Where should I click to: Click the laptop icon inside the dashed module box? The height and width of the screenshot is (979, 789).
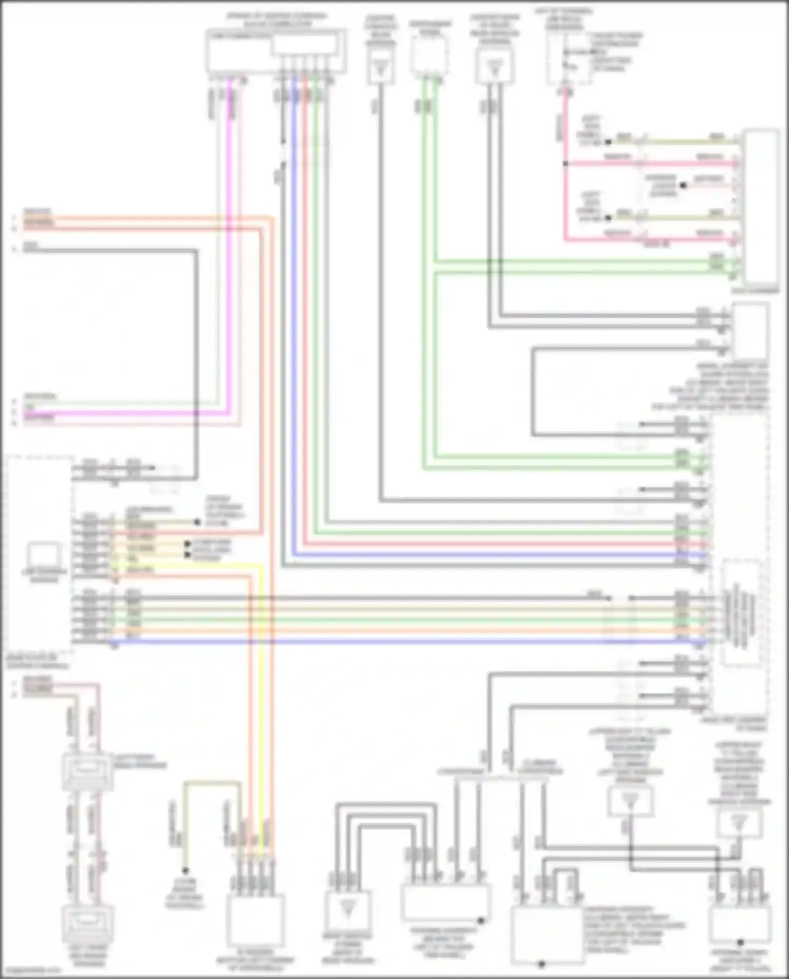click(x=44, y=556)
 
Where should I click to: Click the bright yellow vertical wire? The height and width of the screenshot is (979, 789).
click(x=261, y=684)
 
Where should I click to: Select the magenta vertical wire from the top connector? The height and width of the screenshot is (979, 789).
click(x=229, y=237)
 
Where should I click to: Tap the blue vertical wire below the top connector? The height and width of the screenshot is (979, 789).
click(x=294, y=316)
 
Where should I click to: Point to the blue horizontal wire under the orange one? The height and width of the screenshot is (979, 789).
click(x=368, y=642)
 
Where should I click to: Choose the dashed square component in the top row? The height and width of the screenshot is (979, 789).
click(x=429, y=56)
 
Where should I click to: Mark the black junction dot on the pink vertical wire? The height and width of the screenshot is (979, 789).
click(x=565, y=164)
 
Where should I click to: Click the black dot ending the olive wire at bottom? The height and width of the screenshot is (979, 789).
click(x=185, y=871)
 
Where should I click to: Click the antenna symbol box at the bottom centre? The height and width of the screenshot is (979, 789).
click(x=347, y=910)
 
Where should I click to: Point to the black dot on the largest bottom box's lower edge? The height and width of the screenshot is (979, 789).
click(x=542, y=964)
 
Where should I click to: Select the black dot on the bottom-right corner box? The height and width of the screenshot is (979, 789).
click(x=740, y=942)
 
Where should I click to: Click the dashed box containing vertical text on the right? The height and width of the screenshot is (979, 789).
click(x=742, y=613)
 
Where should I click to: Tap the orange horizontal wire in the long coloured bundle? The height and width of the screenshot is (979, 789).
click(x=368, y=630)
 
